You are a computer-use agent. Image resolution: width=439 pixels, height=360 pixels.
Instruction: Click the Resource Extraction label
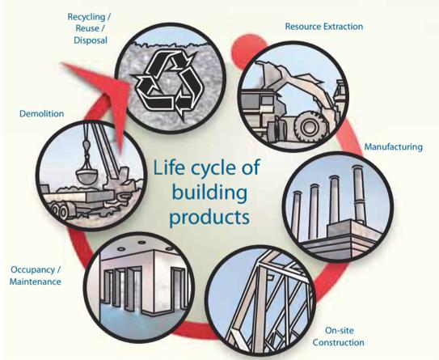coord(324,27)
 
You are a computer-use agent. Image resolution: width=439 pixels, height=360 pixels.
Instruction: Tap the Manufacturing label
coord(394,146)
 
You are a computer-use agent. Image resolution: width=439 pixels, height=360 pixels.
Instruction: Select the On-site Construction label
coord(339,337)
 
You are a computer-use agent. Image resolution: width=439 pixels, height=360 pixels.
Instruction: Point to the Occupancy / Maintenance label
coord(36,276)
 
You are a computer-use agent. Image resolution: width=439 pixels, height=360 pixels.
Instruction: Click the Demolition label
coord(42,114)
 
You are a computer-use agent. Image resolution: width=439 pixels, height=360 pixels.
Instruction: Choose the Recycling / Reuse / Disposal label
coord(89,28)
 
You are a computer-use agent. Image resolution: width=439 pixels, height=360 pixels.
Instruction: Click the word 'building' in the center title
coord(209,193)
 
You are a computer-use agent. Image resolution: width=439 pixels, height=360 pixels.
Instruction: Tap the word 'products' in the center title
coord(209,217)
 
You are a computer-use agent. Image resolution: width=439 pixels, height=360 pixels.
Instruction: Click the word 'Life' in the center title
coord(170,167)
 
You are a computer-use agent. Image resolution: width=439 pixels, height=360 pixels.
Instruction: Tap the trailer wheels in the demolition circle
coord(60,211)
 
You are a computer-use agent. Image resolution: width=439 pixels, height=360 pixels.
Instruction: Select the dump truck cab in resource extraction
coord(259,104)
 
